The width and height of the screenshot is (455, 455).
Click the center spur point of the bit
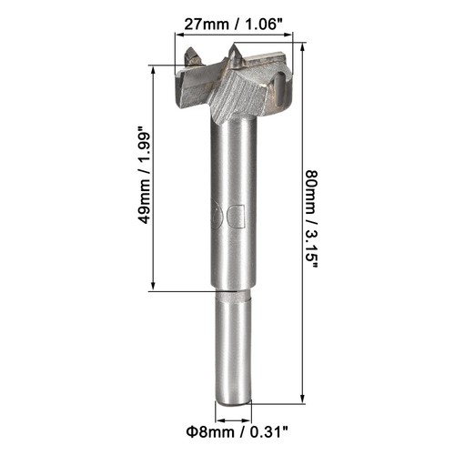pos(235,56)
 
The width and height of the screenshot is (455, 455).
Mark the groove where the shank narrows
pos(232,293)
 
